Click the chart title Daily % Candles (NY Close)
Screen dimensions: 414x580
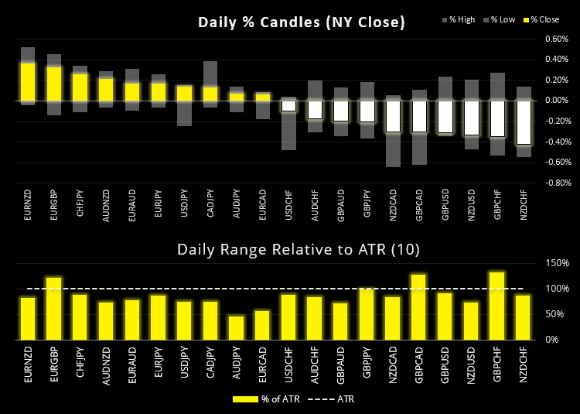click(x=302, y=22)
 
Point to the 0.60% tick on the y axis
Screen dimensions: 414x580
click(x=556, y=39)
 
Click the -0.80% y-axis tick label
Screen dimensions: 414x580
click(x=555, y=183)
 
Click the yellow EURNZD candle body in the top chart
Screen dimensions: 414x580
click(x=28, y=81)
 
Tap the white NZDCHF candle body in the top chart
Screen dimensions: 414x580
click(x=524, y=122)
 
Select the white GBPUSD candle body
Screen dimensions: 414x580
click(x=445, y=117)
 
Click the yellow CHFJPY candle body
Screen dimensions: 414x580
click(x=80, y=87)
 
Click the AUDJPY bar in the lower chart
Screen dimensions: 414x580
click(x=237, y=327)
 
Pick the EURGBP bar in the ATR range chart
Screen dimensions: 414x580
click(x=54, y=308)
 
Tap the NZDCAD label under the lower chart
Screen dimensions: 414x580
click(x=394, y=364)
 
